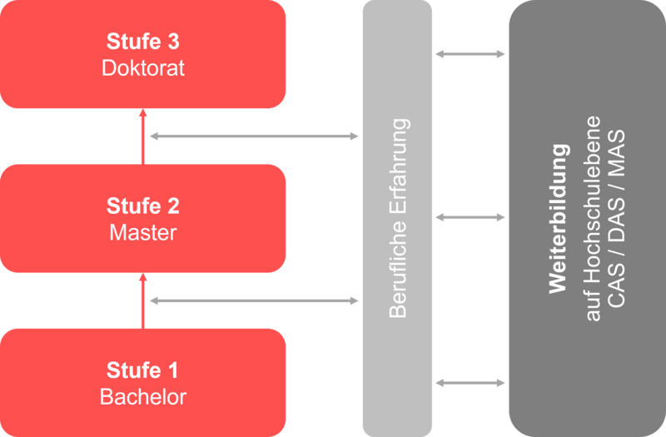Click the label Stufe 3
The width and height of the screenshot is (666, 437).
coord(143,41)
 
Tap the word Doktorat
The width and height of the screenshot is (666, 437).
coord(143,67)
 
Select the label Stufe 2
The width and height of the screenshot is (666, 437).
coord(143,205)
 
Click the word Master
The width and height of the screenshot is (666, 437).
coord(143,232)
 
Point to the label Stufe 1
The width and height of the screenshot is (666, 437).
coord(143,369)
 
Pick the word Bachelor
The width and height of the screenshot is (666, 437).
coord(143,396)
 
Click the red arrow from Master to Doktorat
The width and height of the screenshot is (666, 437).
coord(142,137)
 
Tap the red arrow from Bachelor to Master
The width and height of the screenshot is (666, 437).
coord(142,300)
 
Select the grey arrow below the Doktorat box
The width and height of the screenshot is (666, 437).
coord(253,136)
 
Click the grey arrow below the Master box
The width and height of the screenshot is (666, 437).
coord(253,300)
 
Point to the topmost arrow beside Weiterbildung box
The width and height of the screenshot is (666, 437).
coord(470,54)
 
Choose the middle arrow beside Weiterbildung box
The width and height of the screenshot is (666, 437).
coord(470,217)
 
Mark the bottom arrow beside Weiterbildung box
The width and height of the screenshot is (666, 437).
coord(470,383)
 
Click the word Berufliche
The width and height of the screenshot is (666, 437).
coord(399,271)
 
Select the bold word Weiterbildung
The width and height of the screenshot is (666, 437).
coord(559,218)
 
